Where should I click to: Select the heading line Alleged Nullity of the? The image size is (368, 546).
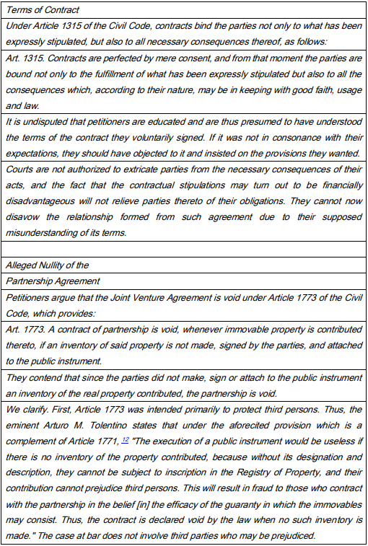[x=47, y=266]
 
